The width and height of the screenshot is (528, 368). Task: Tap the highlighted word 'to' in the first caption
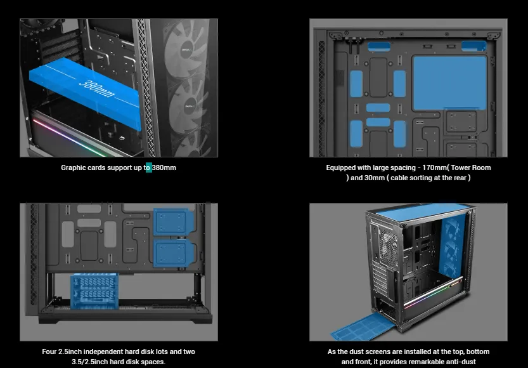tap(148, 168)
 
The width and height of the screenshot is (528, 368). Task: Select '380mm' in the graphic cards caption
tap(164, 168)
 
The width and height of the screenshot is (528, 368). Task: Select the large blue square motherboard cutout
tap(449, 83)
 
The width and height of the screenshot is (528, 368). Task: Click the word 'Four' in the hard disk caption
tap(49, 352)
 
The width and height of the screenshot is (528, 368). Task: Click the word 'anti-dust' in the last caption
tap(461, 362)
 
